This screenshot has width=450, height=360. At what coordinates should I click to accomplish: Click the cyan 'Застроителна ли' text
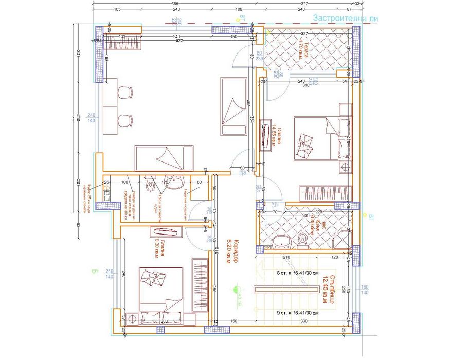(x=346, y=18)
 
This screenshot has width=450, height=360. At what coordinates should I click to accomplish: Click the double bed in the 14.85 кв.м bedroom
(x=316, y=138)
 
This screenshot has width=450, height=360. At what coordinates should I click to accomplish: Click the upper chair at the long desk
(x=125, y=93)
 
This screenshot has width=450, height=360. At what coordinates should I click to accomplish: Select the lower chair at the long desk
(x=125, y=121)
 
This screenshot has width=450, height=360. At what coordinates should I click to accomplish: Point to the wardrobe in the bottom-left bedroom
(x=199, y=284)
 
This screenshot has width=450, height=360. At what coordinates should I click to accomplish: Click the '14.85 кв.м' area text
(x=275, y=135)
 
